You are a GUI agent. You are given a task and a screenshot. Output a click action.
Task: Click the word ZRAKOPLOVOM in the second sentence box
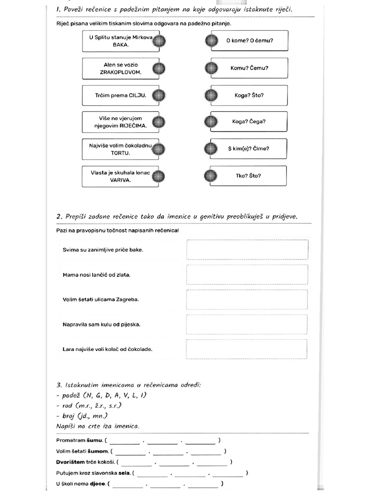[120, 72]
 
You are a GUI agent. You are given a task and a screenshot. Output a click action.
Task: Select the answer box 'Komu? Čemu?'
[249, 68]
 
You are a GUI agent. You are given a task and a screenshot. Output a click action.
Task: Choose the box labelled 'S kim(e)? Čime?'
[249, 149]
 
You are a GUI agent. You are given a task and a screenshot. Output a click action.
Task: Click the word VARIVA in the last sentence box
[120, 180]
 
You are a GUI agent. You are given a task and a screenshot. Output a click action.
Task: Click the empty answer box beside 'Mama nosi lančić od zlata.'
[247, 274]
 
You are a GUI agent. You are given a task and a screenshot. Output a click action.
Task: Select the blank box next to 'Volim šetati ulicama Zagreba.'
[247, 299]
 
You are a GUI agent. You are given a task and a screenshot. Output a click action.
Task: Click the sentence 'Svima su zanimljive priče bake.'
[103, 250]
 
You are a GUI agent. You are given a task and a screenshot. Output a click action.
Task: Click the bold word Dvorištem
[72, 462]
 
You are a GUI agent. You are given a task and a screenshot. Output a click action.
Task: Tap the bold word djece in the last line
[97, 483]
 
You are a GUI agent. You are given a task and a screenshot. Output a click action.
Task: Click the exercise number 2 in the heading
[59, 217]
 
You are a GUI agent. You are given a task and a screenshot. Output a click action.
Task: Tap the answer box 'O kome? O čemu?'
[249, 41]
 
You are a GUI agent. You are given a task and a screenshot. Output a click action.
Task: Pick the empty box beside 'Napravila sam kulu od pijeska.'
[247, 324]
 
